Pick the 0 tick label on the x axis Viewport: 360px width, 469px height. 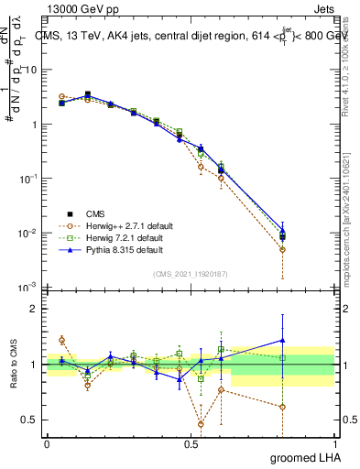coord(46,442)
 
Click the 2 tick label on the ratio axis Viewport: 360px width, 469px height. coord(34,309)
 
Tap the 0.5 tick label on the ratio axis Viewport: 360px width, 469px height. coord(30,420)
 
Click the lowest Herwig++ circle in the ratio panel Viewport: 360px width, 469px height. coord(201,424)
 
